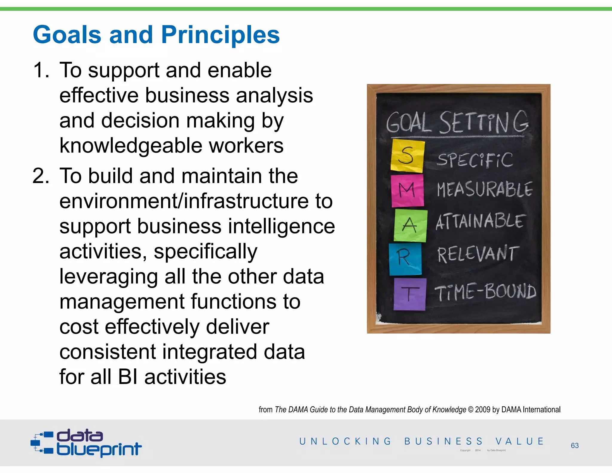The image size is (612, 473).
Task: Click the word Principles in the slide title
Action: [220, 35]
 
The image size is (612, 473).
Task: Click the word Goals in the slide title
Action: [67, 35]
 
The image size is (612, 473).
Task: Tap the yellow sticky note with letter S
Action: [407, 155]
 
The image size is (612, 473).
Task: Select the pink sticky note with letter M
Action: [407, 190]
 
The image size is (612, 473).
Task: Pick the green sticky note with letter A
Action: [410, 225]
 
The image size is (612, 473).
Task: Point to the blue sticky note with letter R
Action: [405, 258]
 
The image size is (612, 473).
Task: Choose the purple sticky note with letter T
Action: [409, 294]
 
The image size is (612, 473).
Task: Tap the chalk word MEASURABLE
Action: [484, 190]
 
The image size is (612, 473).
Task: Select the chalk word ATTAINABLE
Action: [479, 222]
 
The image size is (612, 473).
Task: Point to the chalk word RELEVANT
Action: [478, 254]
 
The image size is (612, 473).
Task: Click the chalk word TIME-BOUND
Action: [485, 292]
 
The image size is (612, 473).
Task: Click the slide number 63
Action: [575, 445]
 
